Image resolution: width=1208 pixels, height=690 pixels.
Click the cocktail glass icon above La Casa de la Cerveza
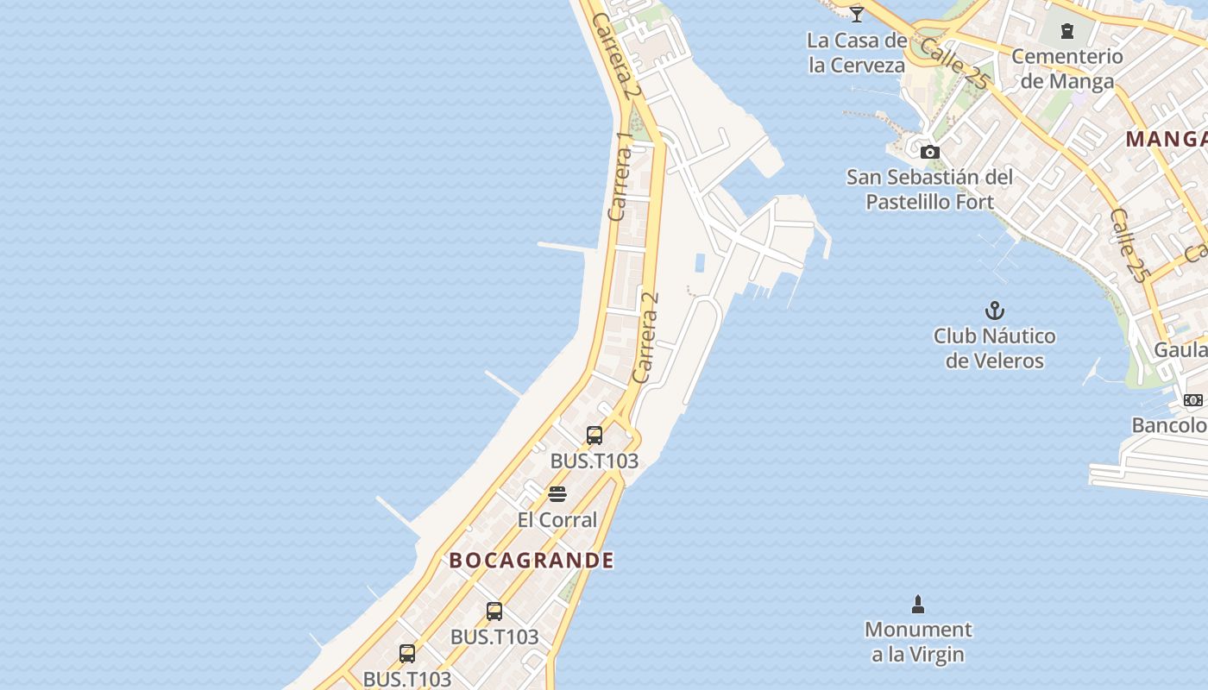pyautogui.click(x=857, y=14)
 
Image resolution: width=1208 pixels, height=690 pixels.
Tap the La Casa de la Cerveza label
pyautogui.click(x=857, y=53)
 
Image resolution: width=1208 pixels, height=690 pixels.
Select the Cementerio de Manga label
pyautogui.click(x=1067, y=69)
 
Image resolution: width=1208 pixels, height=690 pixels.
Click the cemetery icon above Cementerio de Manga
pyautogui.click(x=1067, y=32)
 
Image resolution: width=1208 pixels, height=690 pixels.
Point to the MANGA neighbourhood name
pyautogui.click(x=1166, y=139)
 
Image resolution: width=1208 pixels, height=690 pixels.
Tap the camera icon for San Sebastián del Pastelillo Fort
pyautogui.click(x=929, y=153)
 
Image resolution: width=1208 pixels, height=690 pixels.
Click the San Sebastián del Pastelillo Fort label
pyautogui.click(x=929, y=190)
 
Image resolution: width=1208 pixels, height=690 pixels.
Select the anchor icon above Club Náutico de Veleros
pyautogui.click(x=995, y=310)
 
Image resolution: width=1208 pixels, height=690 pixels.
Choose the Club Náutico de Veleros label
pyautogui.click(x=995, y=348)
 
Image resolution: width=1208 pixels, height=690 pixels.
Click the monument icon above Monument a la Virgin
pyautogui.click(x=918, y=605)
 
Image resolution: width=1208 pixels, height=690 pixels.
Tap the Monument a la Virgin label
pyautogui.click(x=918, y=642)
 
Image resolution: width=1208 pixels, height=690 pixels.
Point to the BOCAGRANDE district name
pyautogui.click(x=532, y=561)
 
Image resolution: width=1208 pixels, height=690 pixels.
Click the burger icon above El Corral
pyautogui.click(x=557, y=494)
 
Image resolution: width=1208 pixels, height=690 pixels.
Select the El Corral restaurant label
pyautogui.click(x=557, y=520)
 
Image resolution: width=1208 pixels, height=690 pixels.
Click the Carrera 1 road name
pyautogui.click(x=620, y=177)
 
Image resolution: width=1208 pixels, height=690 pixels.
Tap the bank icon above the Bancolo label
pyautogui.click(x=1193, y=400)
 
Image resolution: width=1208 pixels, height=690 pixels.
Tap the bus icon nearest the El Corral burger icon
pyautogui.click(x=595, y=436)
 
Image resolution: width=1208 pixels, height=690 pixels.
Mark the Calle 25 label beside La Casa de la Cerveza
pyautogui.click(x=953, y=63)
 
